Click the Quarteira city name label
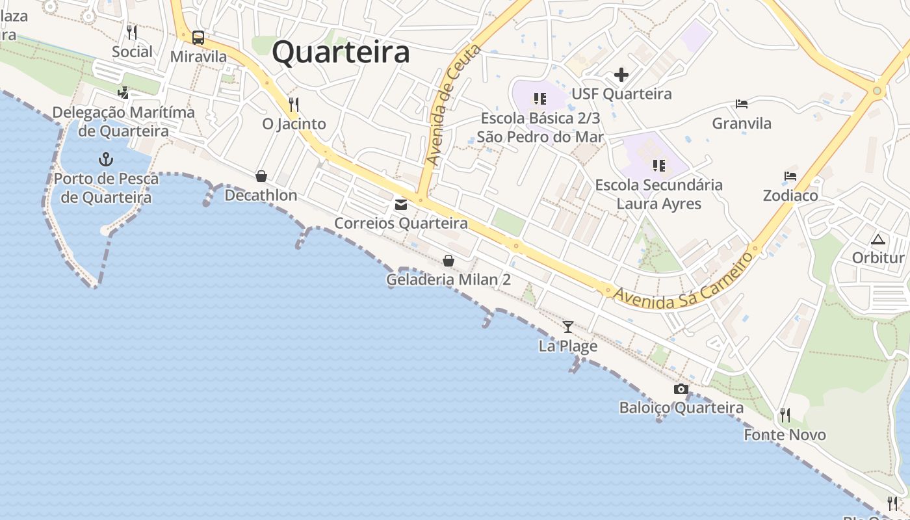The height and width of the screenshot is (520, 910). click(341, 52)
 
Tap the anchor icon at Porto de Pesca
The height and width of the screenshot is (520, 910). click(105, 159)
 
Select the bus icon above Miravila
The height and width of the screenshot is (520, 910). click(198, 38)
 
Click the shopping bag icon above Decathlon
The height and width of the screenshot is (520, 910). click(261, 176)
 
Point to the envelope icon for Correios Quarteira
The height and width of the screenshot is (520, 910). click(400, 205)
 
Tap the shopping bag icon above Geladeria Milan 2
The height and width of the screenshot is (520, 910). click(448, 261)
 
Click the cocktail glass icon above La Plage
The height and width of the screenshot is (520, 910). click(568, 326)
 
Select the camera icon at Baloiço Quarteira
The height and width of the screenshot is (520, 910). click(681, 389)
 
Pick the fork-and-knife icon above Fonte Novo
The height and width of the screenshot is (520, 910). click(785, 415)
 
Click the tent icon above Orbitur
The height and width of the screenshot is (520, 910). click(878, 239)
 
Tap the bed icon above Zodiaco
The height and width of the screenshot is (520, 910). click(790, 176)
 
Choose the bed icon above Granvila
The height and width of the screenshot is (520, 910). click(742, 104)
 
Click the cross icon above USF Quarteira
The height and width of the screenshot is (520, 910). click(621, 75)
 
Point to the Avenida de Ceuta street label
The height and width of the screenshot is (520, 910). click(453, 104)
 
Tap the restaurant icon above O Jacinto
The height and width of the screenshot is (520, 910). click(293, 104)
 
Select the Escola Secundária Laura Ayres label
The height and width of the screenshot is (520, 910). click(659, 194)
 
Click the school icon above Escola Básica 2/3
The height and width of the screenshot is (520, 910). click(539, 99)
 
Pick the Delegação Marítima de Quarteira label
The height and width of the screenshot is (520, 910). click(123, 122)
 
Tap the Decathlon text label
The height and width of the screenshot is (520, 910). click(261, 195)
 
